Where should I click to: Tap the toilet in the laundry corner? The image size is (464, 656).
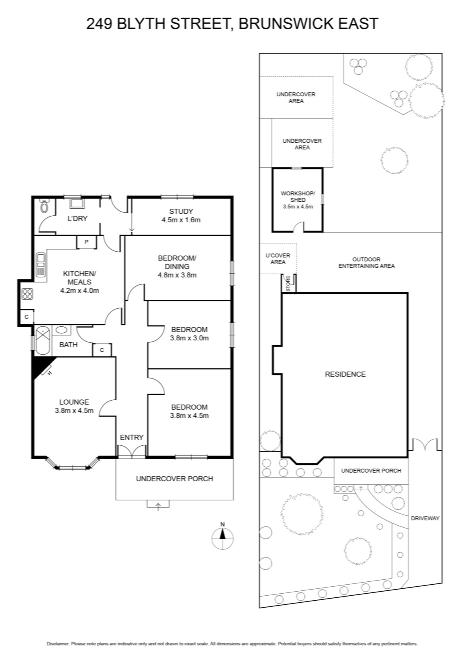pos(44,205)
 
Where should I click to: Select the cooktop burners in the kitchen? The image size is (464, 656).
pos(27,294)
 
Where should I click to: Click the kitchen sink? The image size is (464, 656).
pos(41,265)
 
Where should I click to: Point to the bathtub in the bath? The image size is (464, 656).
pos(43,341)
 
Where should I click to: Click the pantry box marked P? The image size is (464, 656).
pos(86,242)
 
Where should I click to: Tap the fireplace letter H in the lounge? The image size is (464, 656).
pos(50,373)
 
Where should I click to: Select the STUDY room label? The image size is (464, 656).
pos(181,211)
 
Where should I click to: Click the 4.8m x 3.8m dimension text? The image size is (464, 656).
pos(177,275)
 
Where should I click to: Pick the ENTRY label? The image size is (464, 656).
pos(132,437)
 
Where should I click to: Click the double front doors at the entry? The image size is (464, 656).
pos(132,451)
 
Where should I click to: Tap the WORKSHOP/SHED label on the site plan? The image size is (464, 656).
pos(298,196)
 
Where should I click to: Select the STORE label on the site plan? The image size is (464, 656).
pos(288,283)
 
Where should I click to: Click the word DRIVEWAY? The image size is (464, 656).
pos(425,518)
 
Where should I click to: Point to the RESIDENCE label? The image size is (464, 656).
pos(345,374)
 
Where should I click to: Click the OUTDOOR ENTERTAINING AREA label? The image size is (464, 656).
pos(366,263)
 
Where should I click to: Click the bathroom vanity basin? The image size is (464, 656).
pos(61,330)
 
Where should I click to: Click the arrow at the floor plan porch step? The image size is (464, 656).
pos(158,506)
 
